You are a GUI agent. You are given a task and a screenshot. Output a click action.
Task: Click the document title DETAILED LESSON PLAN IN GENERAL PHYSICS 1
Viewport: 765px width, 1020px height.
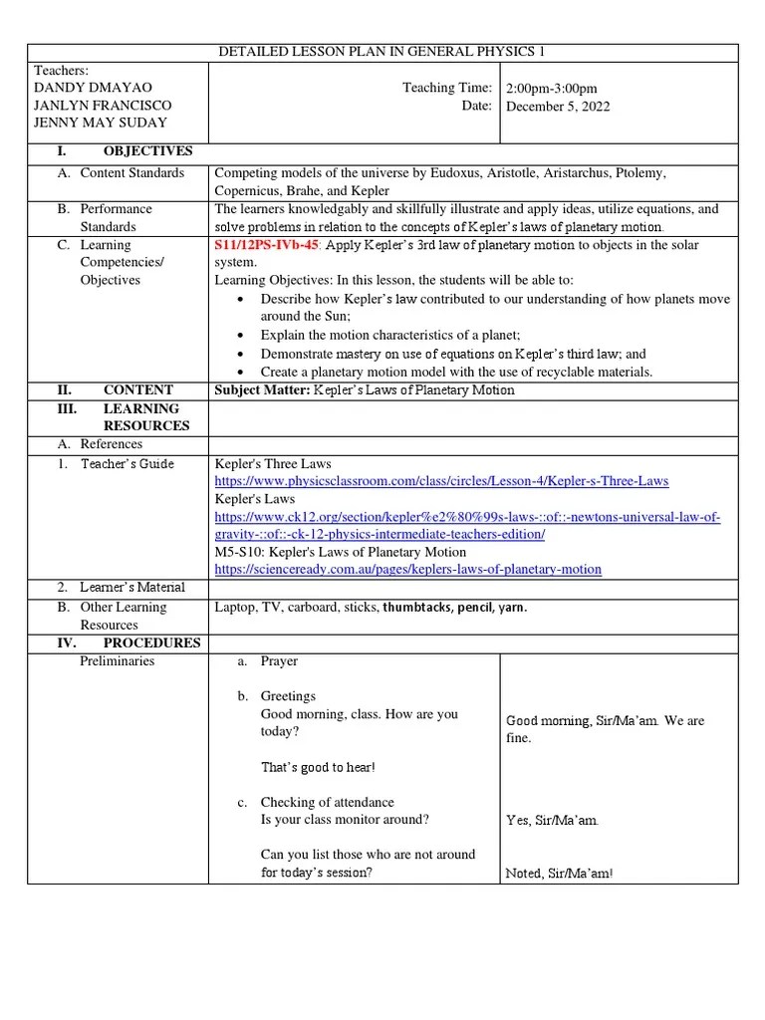(382, 52)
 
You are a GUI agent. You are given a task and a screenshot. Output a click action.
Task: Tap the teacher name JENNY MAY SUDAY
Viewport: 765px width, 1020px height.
(101, 123)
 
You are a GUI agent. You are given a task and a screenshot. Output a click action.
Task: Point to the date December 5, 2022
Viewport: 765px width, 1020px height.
(558, 107)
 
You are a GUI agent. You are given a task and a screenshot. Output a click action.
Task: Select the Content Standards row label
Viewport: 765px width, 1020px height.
(131, 173)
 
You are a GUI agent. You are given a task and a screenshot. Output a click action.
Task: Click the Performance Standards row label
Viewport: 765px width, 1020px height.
(117, 218)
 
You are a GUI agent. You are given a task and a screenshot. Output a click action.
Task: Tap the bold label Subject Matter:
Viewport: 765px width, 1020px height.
(262, 390)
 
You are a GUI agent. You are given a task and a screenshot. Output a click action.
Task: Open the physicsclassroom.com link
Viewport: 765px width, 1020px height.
(441, 481)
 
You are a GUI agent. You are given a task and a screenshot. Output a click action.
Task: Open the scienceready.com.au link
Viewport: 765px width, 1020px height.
(408, 570)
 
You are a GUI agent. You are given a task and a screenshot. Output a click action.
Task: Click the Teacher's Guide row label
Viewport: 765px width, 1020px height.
(127, 464)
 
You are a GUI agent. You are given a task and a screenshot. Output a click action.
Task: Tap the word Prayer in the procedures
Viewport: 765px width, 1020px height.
(279, 661)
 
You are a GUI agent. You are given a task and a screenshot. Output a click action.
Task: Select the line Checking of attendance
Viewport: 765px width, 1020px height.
(327, 803)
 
